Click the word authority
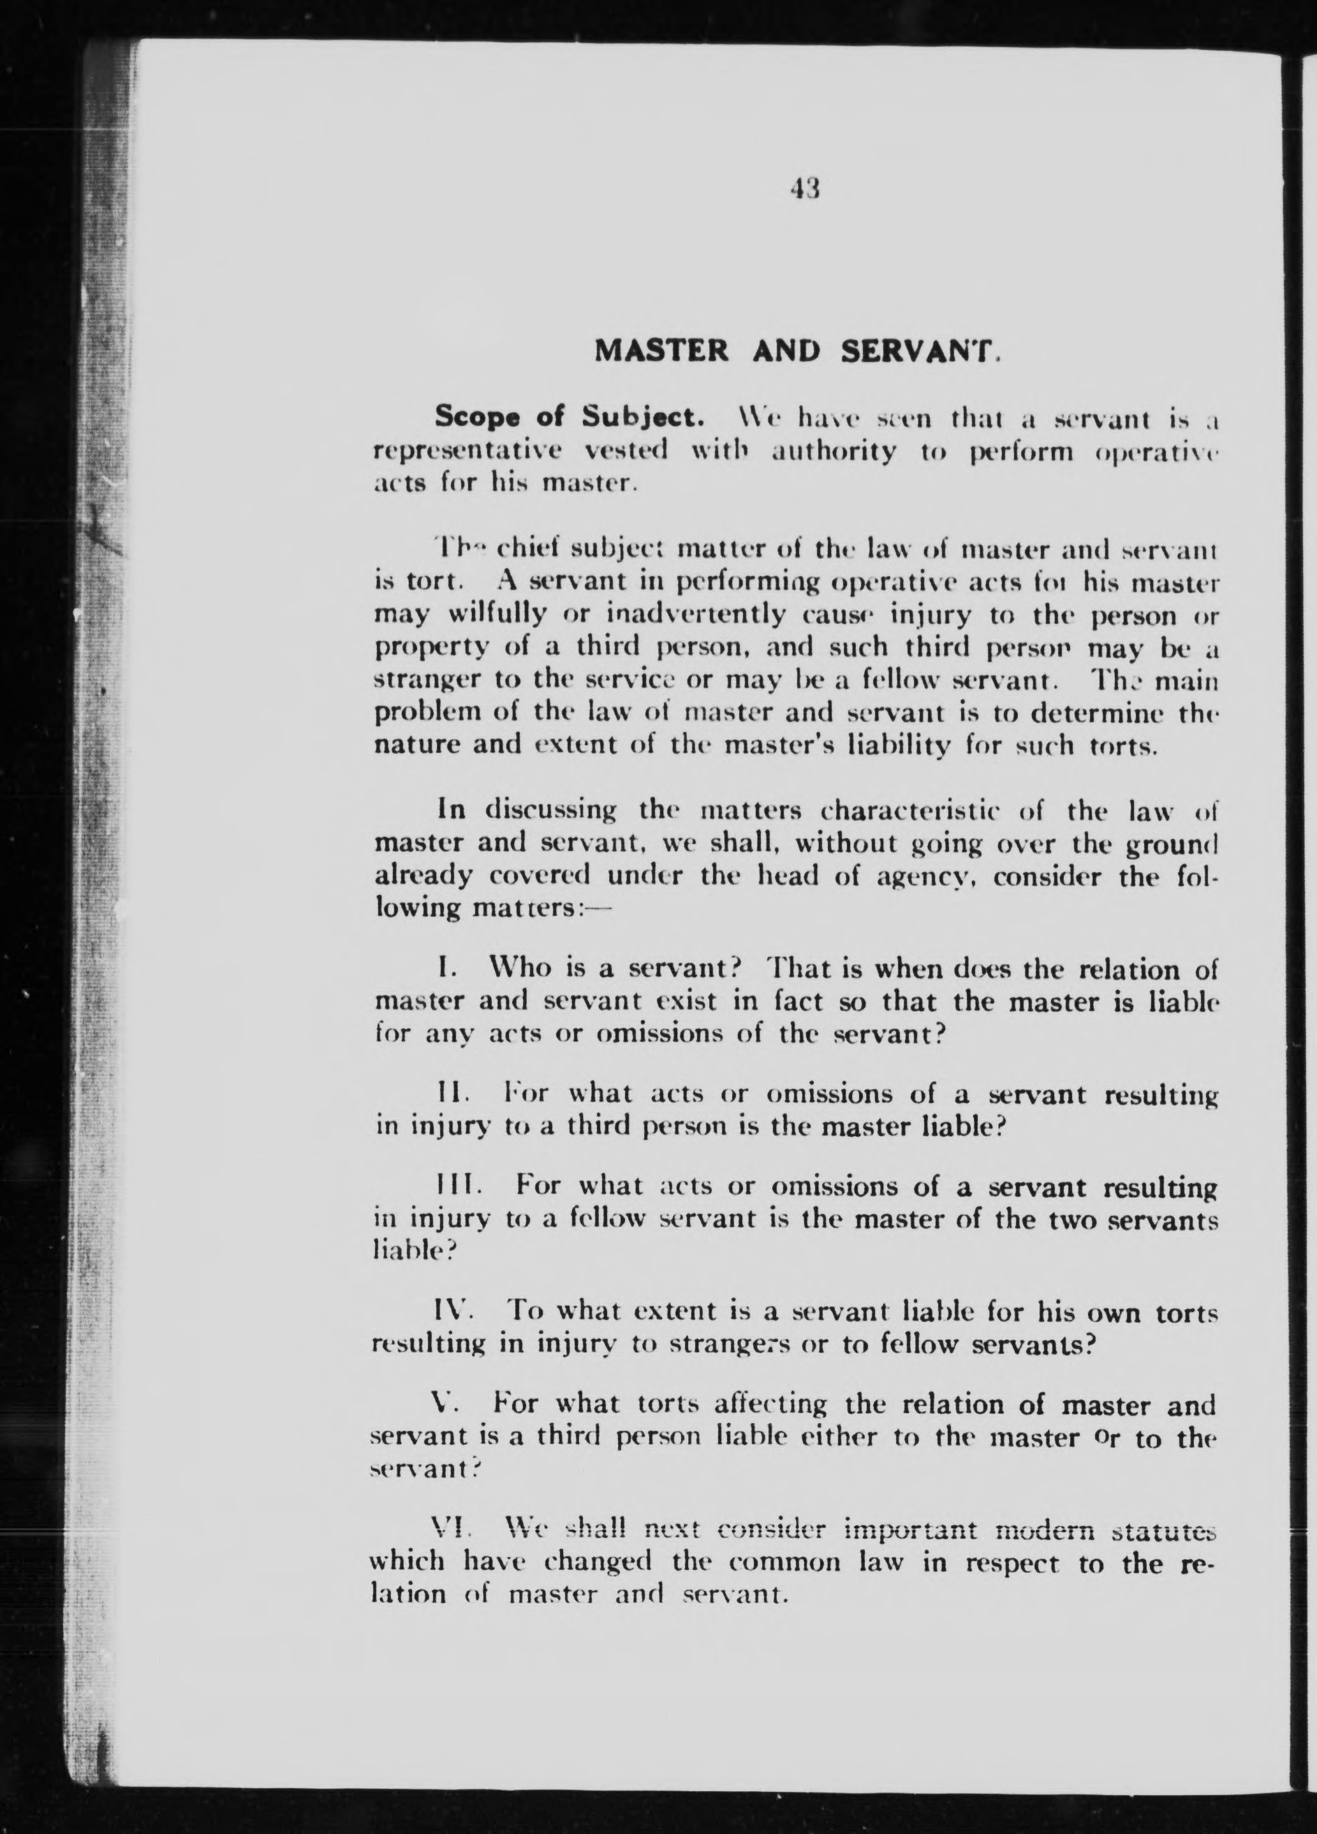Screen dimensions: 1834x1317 coord(832,451)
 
